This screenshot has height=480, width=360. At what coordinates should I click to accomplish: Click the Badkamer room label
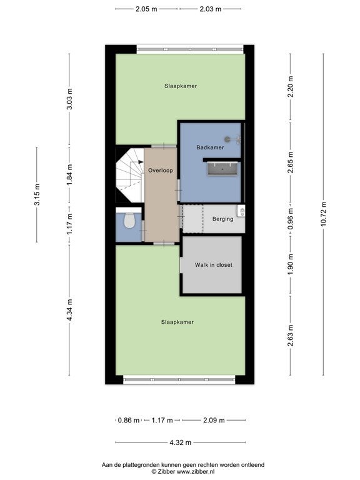point(210,147)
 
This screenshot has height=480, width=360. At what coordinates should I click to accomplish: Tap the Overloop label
point(161,170)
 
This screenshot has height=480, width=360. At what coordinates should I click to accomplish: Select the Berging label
point(222,219)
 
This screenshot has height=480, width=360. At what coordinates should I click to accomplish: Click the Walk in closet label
point(213,265)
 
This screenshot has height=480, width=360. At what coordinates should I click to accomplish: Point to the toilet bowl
point(129,221)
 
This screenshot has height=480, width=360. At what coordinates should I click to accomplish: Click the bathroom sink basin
point(222,169)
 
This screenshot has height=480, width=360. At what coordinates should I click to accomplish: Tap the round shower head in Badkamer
point(227,139)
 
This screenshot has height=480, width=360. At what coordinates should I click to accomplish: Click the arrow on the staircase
point(141,162)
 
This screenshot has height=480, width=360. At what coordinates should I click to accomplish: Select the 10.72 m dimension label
point(323,214)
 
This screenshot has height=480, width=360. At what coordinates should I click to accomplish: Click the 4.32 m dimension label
point(180,442)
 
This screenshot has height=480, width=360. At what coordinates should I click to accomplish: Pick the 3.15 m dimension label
point(37,195)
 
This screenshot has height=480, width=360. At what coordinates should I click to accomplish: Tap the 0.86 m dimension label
point(129,420)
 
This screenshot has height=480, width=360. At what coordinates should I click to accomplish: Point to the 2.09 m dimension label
point(214,420)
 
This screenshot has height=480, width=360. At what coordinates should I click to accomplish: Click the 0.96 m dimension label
point(291,219)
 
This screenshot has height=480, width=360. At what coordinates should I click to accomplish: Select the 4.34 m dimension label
point(69,310)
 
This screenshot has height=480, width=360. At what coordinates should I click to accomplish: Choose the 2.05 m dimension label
point(146,9)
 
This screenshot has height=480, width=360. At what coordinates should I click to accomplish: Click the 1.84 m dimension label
point(69,174)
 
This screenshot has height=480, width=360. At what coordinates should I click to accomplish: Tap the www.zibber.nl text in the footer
point(196,472)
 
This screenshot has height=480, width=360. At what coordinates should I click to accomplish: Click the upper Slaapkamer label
point(181,86)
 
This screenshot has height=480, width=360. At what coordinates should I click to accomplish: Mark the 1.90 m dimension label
point(291,264)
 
